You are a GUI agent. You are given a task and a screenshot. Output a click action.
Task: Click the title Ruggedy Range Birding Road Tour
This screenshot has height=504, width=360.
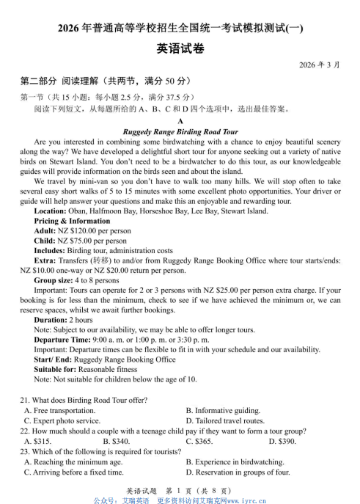180,132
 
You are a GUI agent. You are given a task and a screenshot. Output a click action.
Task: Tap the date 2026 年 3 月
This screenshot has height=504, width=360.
319,65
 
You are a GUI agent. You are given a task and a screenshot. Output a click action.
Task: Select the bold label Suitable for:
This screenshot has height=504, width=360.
58,370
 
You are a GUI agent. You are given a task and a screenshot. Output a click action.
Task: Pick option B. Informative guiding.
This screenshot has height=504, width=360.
223,411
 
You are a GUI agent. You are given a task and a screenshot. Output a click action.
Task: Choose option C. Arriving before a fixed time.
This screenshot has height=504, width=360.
73,472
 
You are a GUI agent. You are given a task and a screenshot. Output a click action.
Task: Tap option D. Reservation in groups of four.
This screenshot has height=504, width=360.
238,472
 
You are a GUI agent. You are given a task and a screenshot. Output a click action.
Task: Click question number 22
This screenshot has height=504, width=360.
25,431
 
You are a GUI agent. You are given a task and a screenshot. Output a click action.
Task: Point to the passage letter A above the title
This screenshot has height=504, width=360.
180,122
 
